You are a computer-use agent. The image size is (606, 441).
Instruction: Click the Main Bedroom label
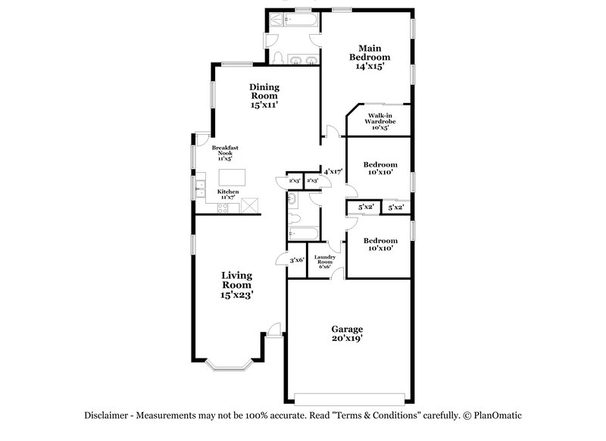click(x=369, y=57)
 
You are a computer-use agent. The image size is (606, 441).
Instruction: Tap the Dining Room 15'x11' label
click(x=264, y=96)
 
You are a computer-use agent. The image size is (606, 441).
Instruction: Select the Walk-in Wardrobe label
click(x=380, y=121)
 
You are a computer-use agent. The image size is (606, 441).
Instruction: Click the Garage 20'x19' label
click(x=347, y=334)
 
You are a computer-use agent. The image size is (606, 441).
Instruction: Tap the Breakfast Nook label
click(x=225, y=153)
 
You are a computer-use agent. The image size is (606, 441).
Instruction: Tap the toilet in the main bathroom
click(x=277, y=59)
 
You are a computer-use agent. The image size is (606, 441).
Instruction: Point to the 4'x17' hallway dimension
click(x=333, y=172)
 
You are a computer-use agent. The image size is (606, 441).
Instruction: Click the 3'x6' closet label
click(x=296, y=260)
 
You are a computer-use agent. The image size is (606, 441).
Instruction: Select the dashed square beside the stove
click(x=251, y=205)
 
